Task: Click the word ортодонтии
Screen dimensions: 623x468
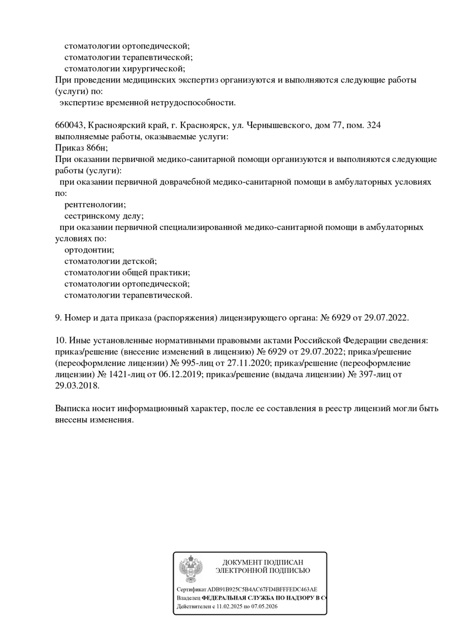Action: point(89,250)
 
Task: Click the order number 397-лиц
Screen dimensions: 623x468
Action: point(368,374)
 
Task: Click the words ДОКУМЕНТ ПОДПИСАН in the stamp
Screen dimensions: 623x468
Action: point(263,562)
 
